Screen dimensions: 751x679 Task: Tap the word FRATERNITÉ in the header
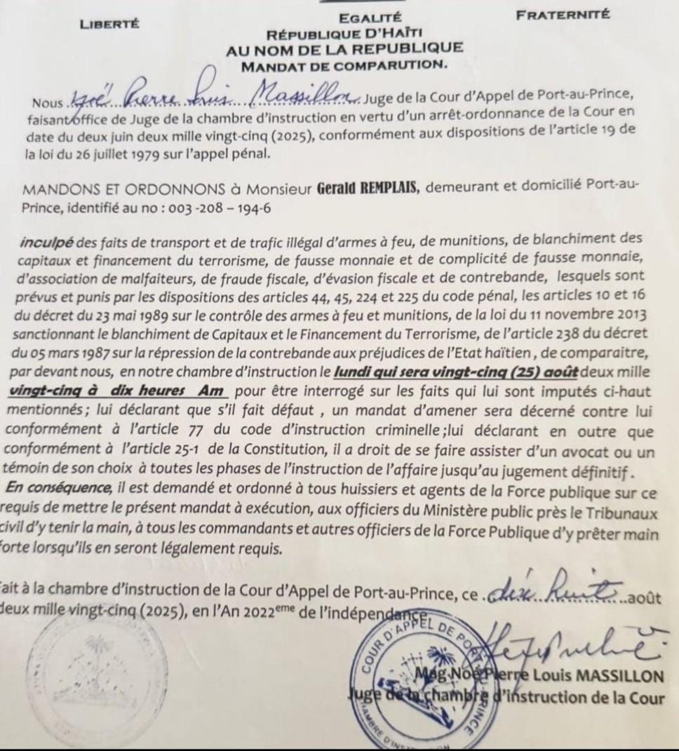[563, 13]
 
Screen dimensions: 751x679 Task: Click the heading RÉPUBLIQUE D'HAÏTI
[344, 34]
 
